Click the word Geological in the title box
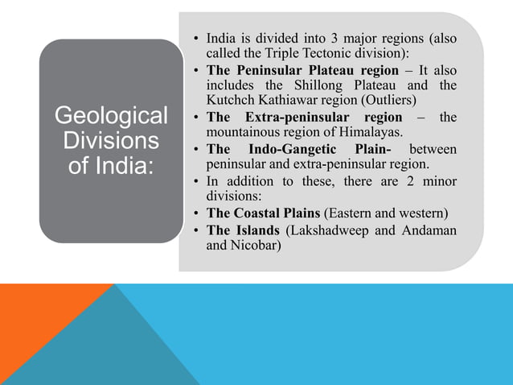pos(111,116)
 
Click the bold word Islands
pos(256,230)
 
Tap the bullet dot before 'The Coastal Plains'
pos(196,213)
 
